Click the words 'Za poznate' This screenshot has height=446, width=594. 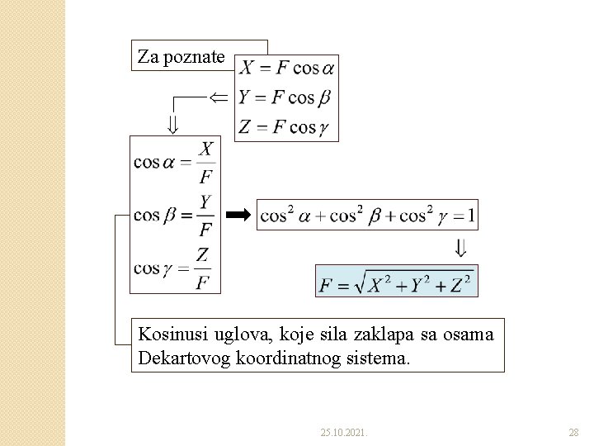(x=181, y=57)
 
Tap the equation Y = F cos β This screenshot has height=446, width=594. (x=284, y=97)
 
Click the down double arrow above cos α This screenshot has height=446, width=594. (x=172, y=125)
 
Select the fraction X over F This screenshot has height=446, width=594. (x=206, y=162)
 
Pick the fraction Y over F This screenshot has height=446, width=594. (x=206, y=215)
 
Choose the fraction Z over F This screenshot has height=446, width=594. (x=202, y=269)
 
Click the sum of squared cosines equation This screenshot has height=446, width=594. (x=367, y=215)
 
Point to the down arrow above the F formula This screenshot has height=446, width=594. (x=460, y=247)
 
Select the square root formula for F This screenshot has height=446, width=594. (x=396, y=283)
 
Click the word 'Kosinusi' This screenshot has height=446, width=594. (x=169, y=334)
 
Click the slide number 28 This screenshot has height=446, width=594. (x=573, y=432)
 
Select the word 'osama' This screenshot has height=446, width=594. (x=472, y=334)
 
